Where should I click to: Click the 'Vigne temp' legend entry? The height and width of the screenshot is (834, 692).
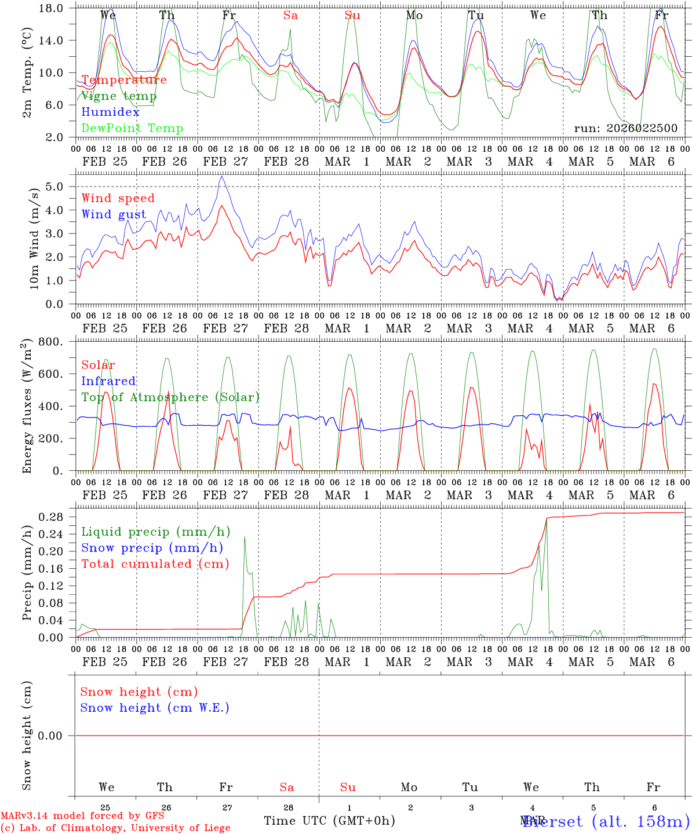tap(119, 96)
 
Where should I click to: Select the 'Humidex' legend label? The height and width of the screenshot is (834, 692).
tap(110, 112)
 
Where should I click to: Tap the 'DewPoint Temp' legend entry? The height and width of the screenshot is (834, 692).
tap(132, 129)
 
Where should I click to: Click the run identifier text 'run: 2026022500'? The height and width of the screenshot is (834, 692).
tap(625, 129)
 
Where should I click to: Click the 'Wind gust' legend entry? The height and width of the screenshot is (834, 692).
tap(114, 214)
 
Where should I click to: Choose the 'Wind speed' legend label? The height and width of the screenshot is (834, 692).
tap(118, 198)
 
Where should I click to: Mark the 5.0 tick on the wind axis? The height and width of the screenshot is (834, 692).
tap(57, 186)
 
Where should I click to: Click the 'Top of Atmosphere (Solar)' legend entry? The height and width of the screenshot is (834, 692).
tap(170, 397)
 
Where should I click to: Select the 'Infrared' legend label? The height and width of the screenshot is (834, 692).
tap(108, 381)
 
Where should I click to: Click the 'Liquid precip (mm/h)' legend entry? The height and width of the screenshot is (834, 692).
tap(156, 532)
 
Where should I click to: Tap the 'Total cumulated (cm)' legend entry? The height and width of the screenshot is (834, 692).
tap(155, 564)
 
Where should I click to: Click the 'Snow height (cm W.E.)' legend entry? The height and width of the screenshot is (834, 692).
tap(155, 708)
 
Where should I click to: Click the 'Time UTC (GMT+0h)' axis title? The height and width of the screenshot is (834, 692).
tap(329, 821)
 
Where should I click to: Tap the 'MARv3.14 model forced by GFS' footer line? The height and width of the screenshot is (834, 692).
tap(82, 816)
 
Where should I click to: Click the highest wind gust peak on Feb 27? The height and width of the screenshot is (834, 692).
tap(222, 176)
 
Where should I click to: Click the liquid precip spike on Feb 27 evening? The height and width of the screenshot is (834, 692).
tap(245, 536)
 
